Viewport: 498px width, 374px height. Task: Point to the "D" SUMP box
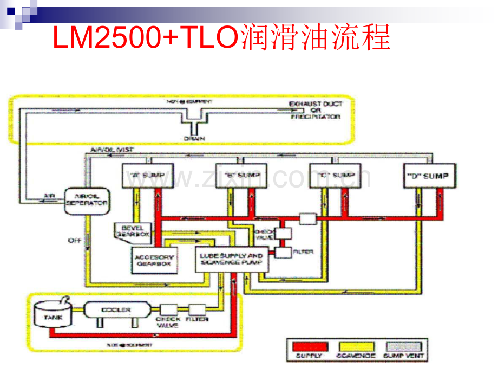pos(429,176)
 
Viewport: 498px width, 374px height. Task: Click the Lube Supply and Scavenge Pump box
pos(231,259)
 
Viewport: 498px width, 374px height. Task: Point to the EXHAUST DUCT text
pos(315,103)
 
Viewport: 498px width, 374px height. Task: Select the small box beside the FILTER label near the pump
pos(283,253)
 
